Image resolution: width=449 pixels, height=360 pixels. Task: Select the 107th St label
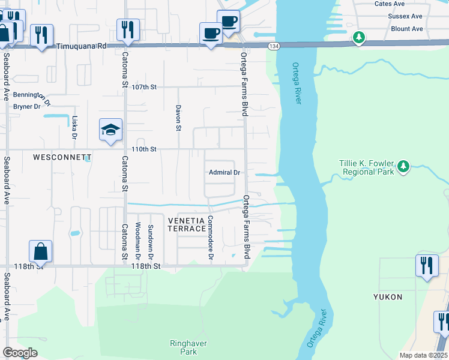[144, 87]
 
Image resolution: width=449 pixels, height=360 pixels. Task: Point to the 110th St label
[144, 149]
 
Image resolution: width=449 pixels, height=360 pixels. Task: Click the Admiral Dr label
[224, 172]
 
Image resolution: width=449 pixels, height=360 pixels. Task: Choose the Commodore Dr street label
[211, 238]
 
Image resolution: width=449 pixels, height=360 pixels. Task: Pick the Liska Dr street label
[74, 127]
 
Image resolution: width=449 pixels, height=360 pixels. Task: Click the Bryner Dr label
[26, 106]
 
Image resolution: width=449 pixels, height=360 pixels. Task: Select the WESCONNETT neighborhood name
[62, 158]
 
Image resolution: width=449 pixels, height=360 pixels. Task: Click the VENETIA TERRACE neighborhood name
[187, 226]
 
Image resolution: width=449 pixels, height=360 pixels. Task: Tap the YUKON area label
[388, 297]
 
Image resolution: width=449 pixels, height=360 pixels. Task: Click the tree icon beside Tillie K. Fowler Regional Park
[404, 166]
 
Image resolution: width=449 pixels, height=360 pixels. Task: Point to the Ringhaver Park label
[184, 347]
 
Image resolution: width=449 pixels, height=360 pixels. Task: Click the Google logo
[20, 353]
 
